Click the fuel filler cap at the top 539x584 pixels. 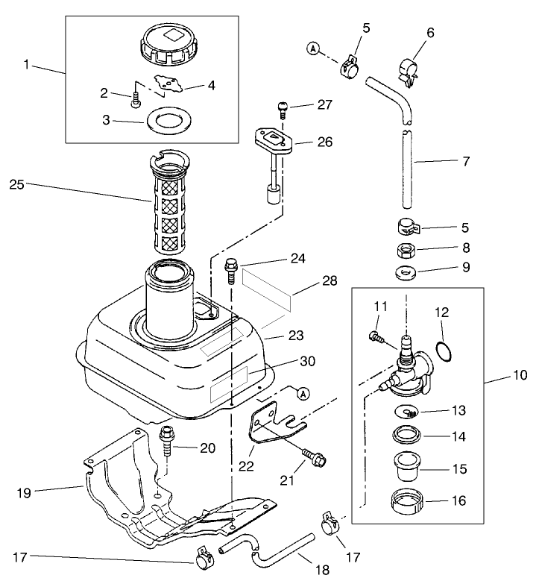(x=167, y=45)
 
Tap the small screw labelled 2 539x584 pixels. (x=135, y=101)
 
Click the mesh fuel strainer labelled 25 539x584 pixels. (x=168, y=205)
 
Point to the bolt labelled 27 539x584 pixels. (x=283, y=110)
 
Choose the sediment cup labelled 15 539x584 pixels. (x=407, y=466)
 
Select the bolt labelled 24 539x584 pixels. (x=230, y=271)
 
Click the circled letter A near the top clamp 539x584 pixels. (x=315, y=48)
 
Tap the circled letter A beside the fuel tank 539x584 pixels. (x=303, y=393)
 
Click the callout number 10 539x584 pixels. (x=520, y=374)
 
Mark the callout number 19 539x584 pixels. (x=24, y=493)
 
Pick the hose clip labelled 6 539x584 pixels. (x=408, y=72)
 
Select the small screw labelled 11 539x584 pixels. (x=376, y=337)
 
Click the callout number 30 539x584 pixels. (x=307, y=361)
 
